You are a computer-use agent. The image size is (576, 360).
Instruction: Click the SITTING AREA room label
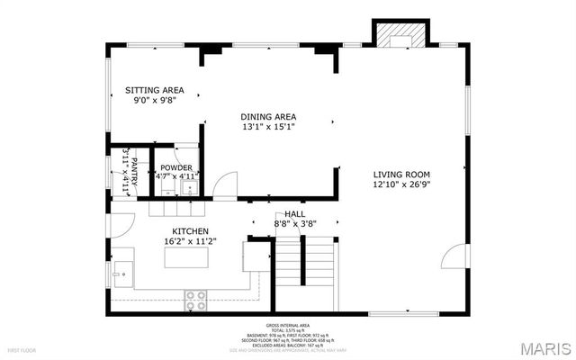point(155,91)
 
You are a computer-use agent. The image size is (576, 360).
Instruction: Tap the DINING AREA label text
point(268,117)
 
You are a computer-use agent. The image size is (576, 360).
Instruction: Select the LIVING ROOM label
point(402,175)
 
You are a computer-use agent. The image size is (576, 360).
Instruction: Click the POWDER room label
point(176,167)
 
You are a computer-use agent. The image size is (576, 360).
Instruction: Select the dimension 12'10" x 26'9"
point(402,185)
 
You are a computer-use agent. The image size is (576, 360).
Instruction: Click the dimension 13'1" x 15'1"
point(268,128)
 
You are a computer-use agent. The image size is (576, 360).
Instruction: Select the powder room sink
point(166,188)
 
